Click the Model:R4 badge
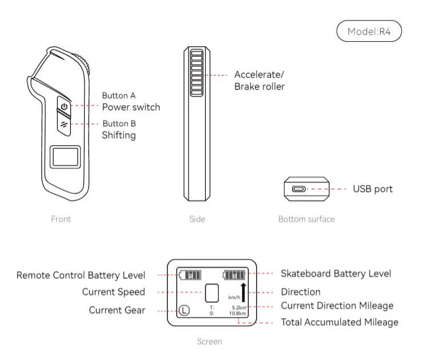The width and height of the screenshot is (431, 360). pyautogui.click(x=369, y=31)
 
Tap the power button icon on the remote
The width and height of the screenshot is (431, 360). pyautogui.click(x=64, y=107)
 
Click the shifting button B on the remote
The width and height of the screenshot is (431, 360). pyautogui.click(x=64, y=123)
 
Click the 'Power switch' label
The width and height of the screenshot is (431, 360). pyautogui.click(x=131, y=107)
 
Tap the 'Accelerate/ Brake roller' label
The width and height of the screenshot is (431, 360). pyautogui.click(x=260, y=81)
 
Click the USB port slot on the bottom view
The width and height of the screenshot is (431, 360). pyautogui.click(x=299, y=189)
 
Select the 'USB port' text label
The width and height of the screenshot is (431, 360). pyautogui.click(x=373, y=189)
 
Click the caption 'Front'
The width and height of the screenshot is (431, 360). pyautogui.click(x=61, y=219)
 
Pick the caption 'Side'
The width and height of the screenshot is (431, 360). pyautogui.click(x=197, y=219)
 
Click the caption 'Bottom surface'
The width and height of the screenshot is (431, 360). pyautogui.click(x=306, y=219)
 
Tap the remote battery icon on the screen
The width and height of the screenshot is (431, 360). pyautogui.click(x=189, y=275)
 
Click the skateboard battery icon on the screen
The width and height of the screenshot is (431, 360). pyautogui.click(x=234, y=275)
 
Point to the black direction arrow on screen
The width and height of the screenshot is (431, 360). pyautogui.click(x=244, y=292)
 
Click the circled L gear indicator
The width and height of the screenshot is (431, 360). pyautogui.click(x=184, y=311)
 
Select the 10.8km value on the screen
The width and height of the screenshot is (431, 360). pyautogui.click(x=237, y=314)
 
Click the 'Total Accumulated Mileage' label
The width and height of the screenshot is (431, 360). pyautogui.click(x=340, y=322)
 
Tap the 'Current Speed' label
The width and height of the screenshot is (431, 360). pyautogui.click(x=113, y=292)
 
